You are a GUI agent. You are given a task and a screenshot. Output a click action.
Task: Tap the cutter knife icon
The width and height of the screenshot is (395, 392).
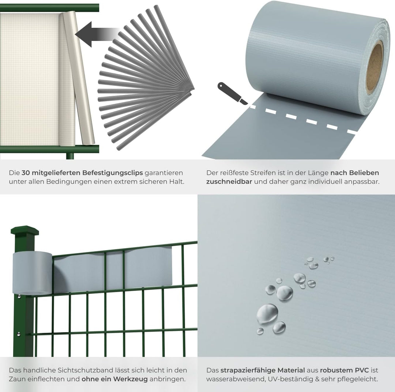pos(232,93)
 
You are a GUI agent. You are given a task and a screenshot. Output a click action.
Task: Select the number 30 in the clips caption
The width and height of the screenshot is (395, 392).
pos(26,173)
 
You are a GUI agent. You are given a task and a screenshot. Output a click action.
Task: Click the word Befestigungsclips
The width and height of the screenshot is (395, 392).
pos(113,173)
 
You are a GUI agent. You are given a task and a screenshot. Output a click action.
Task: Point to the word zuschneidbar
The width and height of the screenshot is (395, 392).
pos(229,182)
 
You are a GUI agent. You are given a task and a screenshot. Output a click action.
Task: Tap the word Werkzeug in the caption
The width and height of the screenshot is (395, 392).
pos(130,379)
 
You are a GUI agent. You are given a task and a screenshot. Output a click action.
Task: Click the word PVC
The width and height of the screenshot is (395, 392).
pos(362,370)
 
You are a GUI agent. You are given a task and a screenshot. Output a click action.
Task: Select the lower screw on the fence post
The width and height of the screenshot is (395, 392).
pos(19,334)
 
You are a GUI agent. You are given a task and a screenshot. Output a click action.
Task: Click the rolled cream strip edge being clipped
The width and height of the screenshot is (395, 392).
pos(78,79)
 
